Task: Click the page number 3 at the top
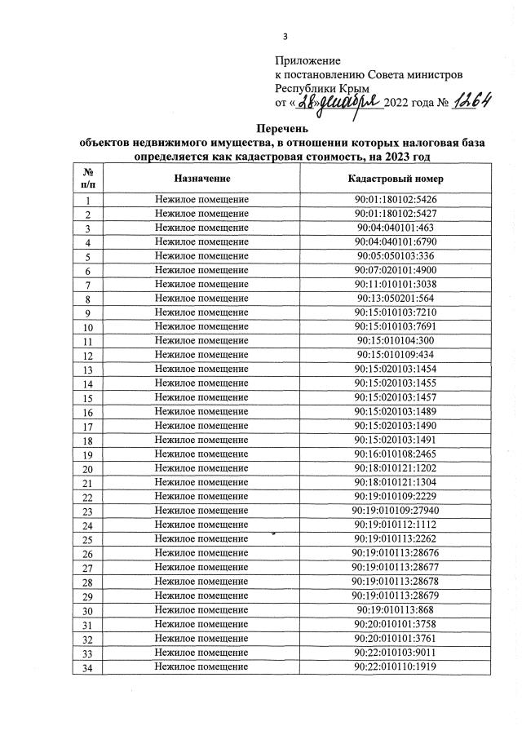(x=285, y=36)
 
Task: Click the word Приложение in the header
(x=307, y=60)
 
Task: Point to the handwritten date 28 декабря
(x=334, y=103)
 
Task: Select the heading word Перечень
(x=281, y=129)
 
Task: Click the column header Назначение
(x=201, y=178)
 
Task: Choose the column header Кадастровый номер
(x=395, y=178)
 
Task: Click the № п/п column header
(x=87, y=178)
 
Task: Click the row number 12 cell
(x=87, y=356)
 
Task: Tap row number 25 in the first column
(x=87, y=539)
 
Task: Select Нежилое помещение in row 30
(x=201, y=610)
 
